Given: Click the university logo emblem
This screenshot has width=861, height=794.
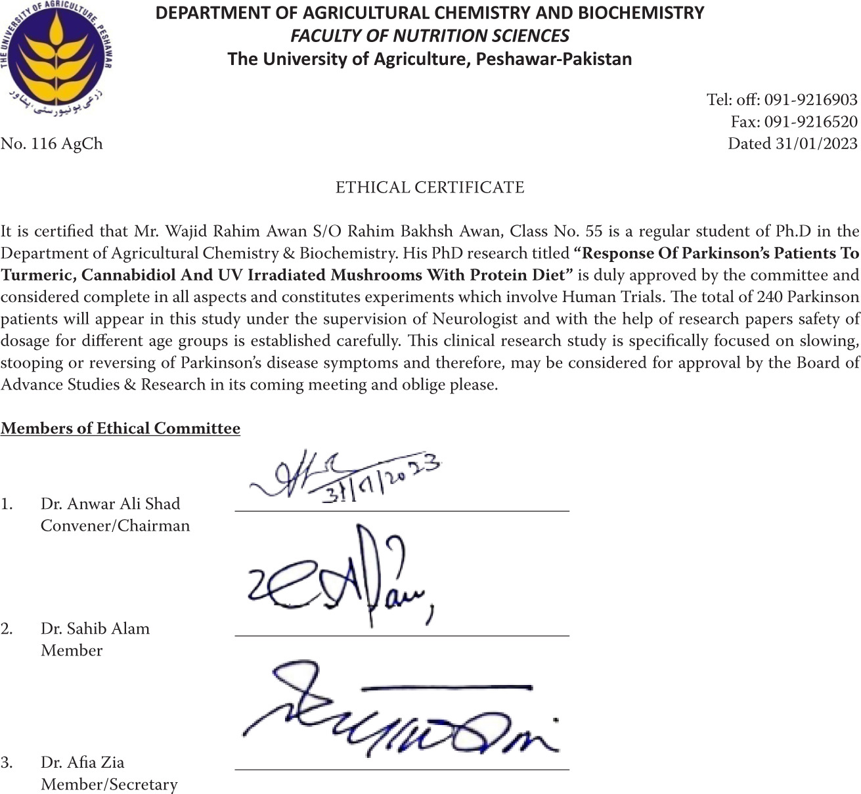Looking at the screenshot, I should click(56, 55).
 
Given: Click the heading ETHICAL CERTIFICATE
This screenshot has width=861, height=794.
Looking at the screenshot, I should click(430, 188).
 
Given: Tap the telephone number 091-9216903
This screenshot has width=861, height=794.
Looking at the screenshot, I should click(810, 100).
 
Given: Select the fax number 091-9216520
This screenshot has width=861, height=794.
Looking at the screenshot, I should click(810, 121).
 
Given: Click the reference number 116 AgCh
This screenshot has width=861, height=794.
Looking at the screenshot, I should click(66, 144).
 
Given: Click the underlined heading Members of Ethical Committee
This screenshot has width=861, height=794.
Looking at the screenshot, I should click(120, 429).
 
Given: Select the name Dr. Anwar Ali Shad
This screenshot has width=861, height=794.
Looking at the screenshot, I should click(110, 504).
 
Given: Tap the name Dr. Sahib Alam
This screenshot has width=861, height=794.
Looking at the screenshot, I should click(95, 629).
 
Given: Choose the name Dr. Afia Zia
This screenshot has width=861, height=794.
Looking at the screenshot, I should click(82, 762).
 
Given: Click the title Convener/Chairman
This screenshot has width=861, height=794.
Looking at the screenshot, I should click(115, 526).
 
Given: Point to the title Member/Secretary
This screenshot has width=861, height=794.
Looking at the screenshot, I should click(109, 785).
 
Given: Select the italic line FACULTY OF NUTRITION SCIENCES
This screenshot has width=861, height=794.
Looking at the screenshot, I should click(430, 35).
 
